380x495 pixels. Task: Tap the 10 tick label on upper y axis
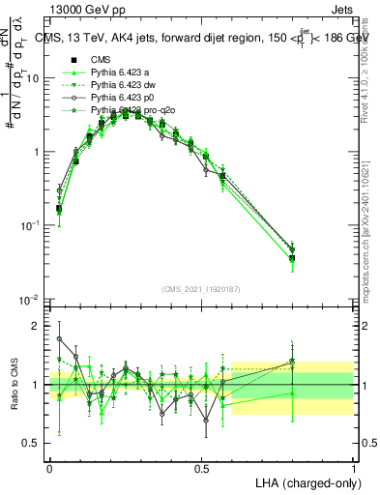click(32, 78)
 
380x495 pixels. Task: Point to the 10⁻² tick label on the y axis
click(29, 299)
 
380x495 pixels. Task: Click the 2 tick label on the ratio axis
click(37, 326)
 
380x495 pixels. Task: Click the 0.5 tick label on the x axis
click(201, 467)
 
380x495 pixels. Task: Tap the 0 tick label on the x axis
click(50, 467)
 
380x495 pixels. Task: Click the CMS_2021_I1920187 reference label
click(201, 290)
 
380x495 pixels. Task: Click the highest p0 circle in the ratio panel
click(59, 338)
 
